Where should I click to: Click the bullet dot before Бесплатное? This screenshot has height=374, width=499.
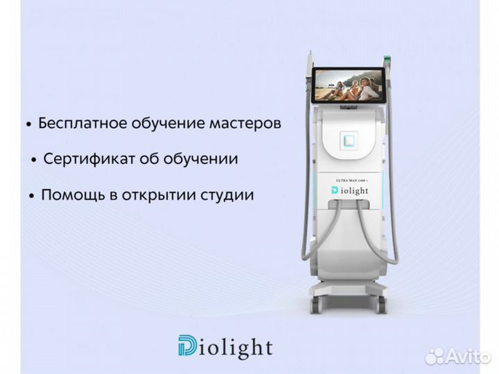tap(28, 125)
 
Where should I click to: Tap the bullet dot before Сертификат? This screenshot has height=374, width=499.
tap(34, 161)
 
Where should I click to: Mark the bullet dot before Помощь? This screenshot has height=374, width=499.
tap(31, 197)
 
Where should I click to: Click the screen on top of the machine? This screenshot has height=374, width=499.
tap(349, 85)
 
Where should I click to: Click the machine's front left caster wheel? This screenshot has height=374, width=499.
tap(317, 303)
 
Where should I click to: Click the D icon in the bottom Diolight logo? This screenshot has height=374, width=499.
tap(187, 346)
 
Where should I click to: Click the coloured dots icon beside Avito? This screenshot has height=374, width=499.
tap(434, 356)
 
